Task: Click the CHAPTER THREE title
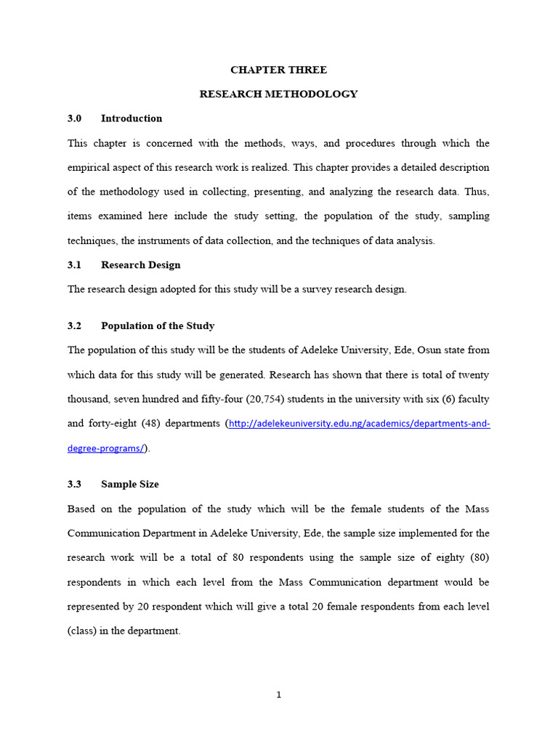[x=278, y=70]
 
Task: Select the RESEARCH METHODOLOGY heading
[x=278, y=94]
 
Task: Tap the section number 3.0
[x=75, y=118]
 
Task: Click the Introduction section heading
[x=132, y=118]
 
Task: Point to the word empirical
[x=89, y=167]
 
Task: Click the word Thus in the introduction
[x=477, y=192]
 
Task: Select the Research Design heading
[x=141, y=265]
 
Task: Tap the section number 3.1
[x=75, y=265]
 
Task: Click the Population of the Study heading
[x=158, y=325]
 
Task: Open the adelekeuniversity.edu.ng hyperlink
[x=359, y=424]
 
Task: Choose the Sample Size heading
[x=130, y=484]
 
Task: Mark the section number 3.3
[x=75, y=484]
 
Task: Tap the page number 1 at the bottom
[x=278, y=695]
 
